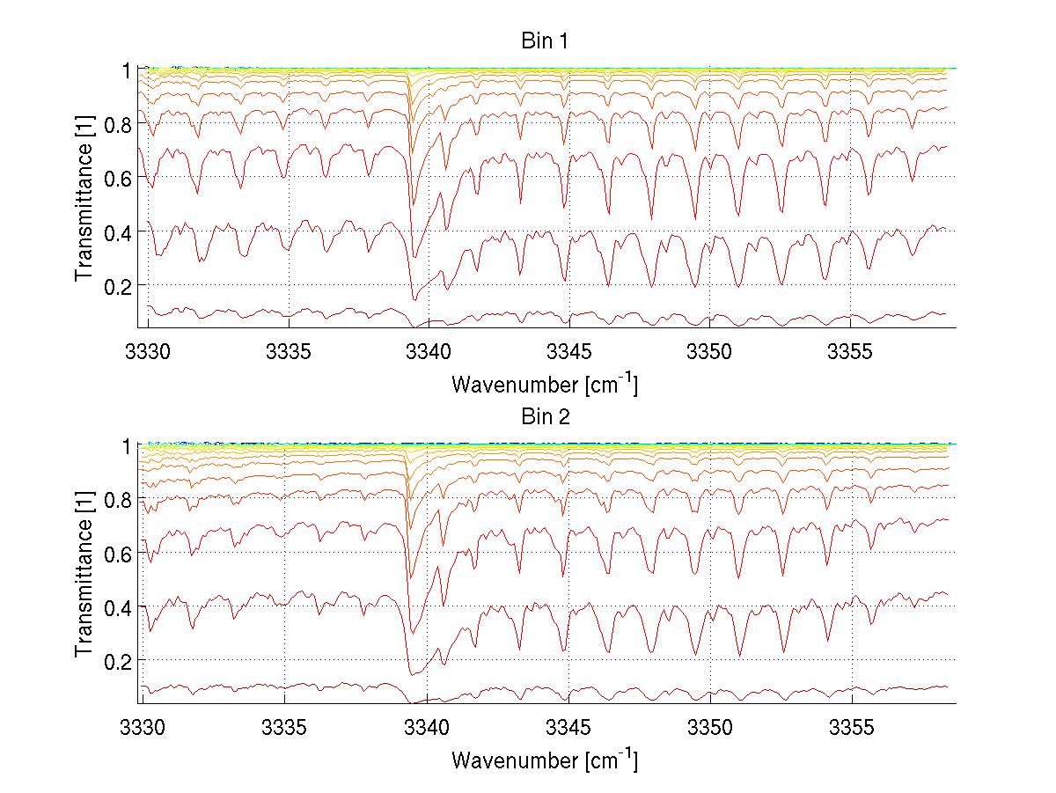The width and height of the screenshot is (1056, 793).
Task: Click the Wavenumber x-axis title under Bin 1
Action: click(x=545, y=385)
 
